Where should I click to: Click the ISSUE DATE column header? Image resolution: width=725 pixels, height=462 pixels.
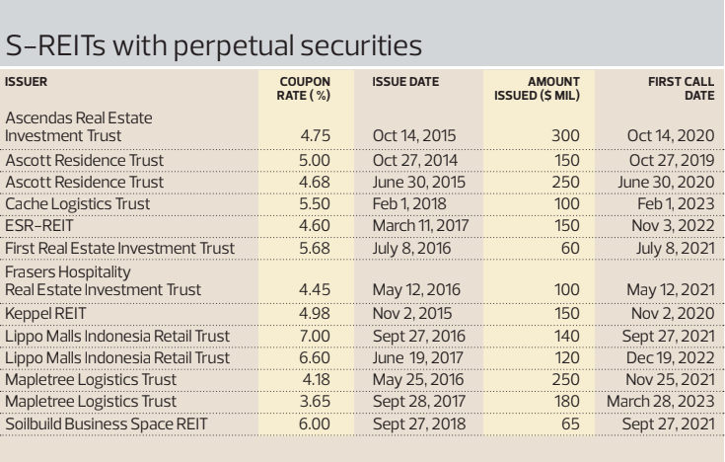tap(403, 80)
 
